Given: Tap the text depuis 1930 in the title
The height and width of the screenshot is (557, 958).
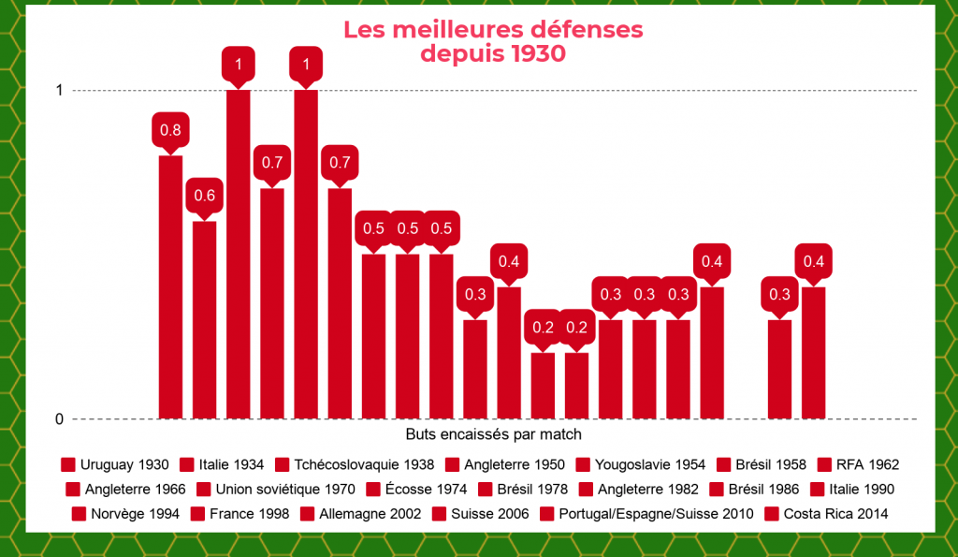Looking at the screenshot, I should click(493, 53).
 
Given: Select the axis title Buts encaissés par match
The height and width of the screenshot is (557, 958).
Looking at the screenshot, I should click(494, 434).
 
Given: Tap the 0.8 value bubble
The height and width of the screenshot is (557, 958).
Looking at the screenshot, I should click(170, 130).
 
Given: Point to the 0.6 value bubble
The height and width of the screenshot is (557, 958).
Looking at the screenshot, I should click(204, 196).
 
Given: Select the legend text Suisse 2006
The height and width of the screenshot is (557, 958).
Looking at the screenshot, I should click(489, 514).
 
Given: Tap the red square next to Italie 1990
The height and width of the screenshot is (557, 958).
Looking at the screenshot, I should click(813, 489).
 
